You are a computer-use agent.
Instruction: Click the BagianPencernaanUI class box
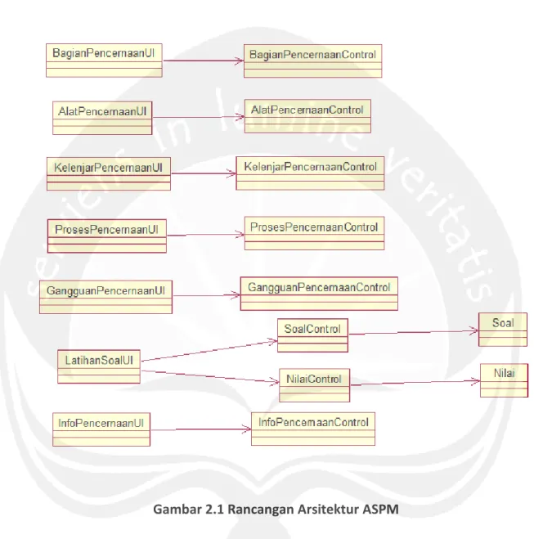pos(104,61)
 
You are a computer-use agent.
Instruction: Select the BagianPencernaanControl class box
pos(312,61)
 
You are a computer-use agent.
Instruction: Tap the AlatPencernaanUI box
pos(102,118)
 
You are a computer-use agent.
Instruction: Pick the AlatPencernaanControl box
pos(307,116)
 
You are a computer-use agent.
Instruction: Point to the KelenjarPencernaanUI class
pos(109,174)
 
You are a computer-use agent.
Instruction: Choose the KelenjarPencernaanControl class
pos(310,173)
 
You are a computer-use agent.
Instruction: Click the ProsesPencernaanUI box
pos(107,236)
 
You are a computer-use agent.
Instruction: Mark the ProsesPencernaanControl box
pos(314,233)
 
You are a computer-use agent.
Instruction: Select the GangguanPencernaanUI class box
pos(105,297)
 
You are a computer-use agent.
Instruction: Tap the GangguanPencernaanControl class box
pos(319,294)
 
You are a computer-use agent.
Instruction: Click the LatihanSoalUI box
pos(99,366)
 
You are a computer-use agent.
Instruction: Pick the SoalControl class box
pos(312,335)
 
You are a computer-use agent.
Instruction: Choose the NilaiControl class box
pos(314,385)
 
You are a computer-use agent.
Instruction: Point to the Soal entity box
pos(503,330)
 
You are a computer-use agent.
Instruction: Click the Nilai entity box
pos(504,380)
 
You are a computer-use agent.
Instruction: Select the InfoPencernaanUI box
pos(101,429)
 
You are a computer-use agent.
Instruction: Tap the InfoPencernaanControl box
pos(313,429)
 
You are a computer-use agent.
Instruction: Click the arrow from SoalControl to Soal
pos(414,332)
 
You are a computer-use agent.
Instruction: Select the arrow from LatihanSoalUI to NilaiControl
pos(210,376)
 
